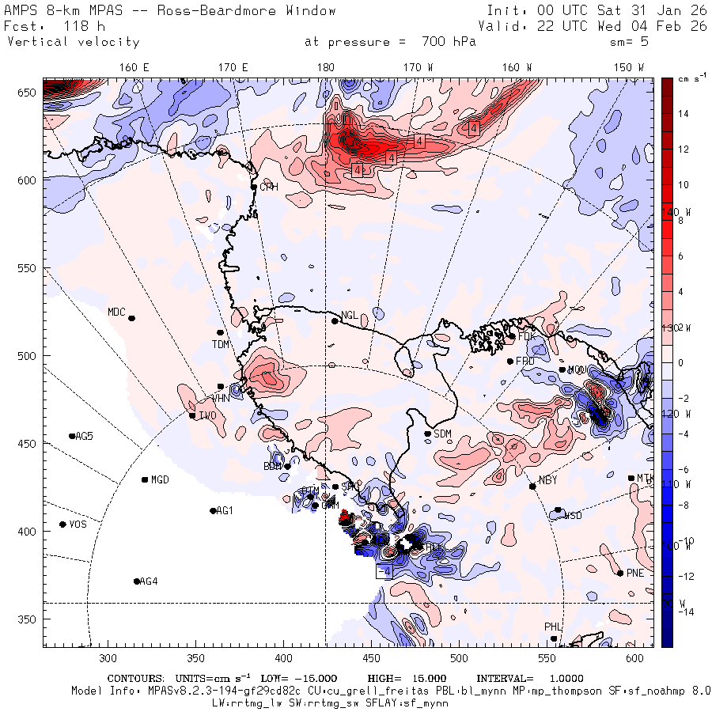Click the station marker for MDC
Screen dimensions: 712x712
(131, 318)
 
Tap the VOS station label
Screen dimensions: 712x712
(77, 525)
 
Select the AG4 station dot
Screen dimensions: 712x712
(137, 581)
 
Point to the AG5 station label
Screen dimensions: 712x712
(84, 436)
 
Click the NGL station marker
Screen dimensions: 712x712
(335, 320)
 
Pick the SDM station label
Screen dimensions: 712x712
(443, 434)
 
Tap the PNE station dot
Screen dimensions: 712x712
(619, 573)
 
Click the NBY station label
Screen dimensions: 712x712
(547, 480)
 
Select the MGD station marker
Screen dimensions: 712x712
(145, 479)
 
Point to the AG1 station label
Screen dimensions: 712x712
(225, 510)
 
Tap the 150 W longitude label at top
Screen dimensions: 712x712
(630, 67)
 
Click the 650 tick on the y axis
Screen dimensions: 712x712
(28, 93)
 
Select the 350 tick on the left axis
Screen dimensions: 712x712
(28, 619)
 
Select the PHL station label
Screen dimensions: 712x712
(553, 627)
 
